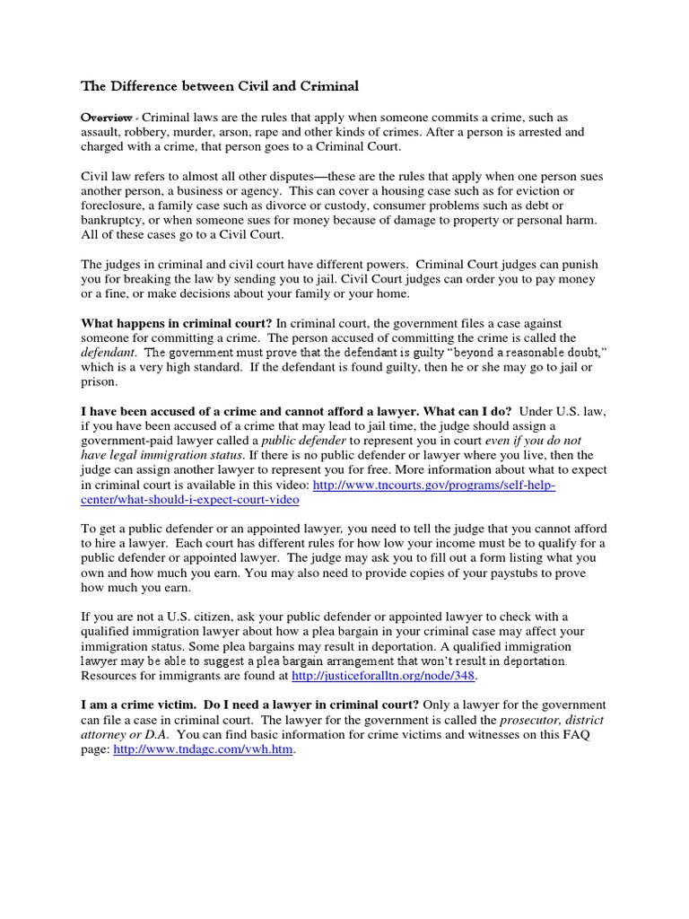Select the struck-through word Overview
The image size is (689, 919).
pos(107,118)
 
